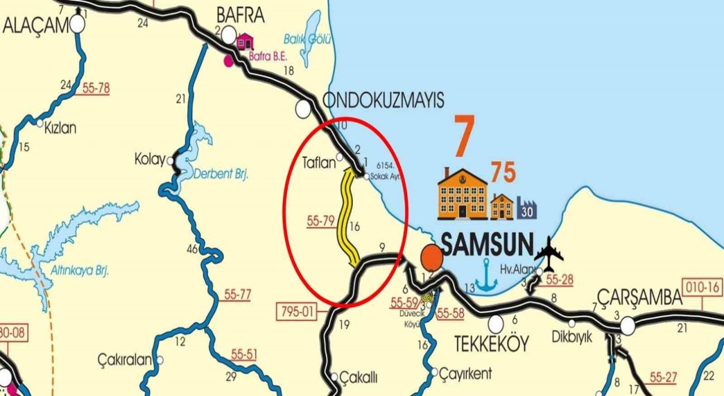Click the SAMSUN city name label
(487, 245)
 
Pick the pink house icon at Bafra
(244, 41)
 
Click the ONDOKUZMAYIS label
(383, 101)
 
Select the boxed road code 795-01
(297, 312)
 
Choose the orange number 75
(503, 173)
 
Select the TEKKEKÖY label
(492, 343)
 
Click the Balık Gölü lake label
(308, 39)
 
